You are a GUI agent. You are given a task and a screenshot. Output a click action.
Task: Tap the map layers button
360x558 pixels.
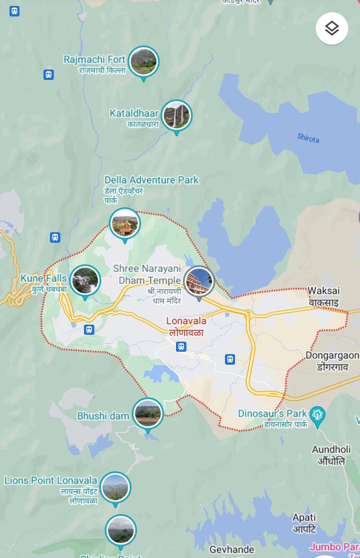[x=332, y=28]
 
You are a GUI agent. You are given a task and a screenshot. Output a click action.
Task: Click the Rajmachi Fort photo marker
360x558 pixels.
[x=143, y=61]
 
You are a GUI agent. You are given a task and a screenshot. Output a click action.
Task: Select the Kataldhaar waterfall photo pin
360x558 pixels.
[x=176, y=115]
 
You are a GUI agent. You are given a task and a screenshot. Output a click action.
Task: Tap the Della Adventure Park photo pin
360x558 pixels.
[x=124, y=223]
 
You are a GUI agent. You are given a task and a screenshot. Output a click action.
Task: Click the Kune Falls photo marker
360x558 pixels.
[x=85, y=280]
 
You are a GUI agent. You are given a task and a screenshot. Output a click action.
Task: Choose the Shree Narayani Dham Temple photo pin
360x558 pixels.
[x=199, y=282]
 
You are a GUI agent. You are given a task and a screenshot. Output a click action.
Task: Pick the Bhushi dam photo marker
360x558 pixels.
[x=148, y=413]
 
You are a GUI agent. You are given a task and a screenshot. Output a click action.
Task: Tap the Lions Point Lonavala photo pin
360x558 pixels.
[x=115, y=487]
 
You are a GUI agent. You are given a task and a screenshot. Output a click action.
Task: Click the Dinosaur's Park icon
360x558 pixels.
[x=317, y=414]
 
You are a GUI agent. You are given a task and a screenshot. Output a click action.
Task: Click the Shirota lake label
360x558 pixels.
[x=308, y=138]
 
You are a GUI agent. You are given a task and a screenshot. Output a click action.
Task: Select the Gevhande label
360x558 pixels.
[x=231, y=550]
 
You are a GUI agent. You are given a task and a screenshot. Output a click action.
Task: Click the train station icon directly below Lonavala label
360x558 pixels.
[x=181, y=346]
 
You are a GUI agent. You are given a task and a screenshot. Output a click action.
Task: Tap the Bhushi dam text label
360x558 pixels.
[x=103, y=416]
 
